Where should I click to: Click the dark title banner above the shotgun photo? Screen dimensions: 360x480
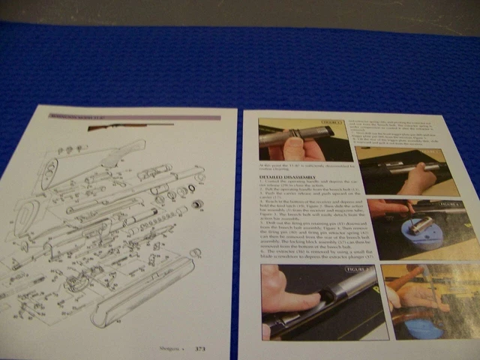click(135, 117)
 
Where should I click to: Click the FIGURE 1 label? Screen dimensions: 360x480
click(330, 121)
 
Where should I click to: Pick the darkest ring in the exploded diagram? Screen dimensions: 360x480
click(198, 205)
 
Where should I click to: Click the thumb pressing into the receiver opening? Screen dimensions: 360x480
click(289, 294)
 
